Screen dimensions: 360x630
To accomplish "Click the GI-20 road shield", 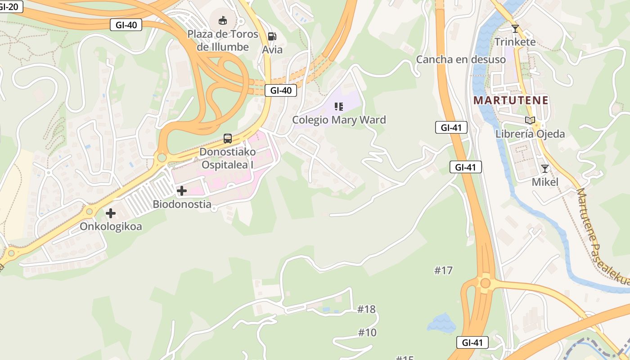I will point(10,6).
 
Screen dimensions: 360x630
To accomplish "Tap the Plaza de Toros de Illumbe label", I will point(223,40).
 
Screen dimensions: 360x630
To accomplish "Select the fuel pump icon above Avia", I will point(272,36).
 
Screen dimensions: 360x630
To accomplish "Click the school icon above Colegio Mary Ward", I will point(339,107).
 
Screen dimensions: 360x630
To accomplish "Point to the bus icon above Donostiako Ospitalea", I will point(228,139).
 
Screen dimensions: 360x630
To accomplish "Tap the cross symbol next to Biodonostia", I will point(182,191).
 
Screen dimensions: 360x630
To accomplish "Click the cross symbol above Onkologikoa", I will point(111,213).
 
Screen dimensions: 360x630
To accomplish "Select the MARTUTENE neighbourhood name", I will point(511,100).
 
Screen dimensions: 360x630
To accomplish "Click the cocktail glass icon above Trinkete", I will point(515,29).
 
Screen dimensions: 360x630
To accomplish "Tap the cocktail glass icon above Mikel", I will point(545,169).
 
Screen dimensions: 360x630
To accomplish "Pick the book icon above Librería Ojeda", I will point(530,121).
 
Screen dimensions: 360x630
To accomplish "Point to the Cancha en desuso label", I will point(461,59).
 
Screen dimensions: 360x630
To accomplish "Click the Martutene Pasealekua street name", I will point(602,236).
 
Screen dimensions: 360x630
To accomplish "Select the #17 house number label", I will point(443,270).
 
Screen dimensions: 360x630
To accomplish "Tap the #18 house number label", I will point(366,309).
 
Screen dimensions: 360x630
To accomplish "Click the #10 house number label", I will point(367,333).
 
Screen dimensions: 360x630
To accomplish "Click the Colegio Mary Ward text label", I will point(339,120).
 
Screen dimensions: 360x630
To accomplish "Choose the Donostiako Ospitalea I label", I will point(228,158).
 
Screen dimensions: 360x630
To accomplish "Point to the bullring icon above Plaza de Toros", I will point(223,20).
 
